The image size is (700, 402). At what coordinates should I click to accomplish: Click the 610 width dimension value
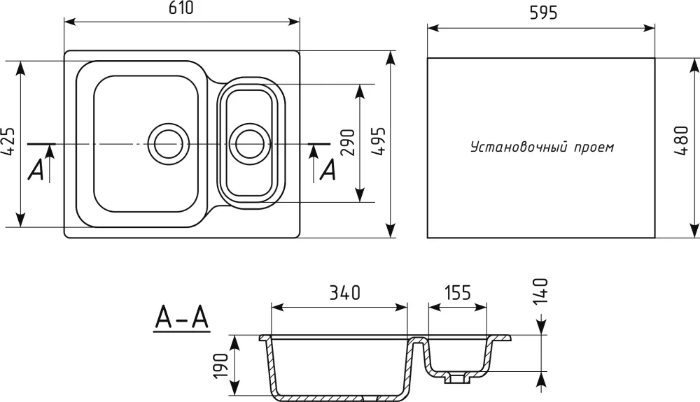(x=181, y=8)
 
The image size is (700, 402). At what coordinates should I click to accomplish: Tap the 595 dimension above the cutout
(x=544, y=13)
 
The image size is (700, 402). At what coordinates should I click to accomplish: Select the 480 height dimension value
(x=681, y=141)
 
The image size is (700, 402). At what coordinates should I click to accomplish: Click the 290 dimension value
(x=347, y=142)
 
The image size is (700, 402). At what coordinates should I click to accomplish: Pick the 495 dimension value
(x=379, y=141)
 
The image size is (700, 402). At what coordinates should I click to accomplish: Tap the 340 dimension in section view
(x=344, y=293)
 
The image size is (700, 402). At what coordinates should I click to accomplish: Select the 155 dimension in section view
(x=458, y=293)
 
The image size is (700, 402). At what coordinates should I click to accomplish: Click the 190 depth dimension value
(x=221, y=366)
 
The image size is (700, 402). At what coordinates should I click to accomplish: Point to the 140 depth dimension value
(x=540, y=291)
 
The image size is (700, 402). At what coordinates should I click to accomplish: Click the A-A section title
(x=182, y=319)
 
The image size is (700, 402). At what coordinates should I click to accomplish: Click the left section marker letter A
(x=36, y=170)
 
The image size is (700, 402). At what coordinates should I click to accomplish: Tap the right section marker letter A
(x=328, y=170)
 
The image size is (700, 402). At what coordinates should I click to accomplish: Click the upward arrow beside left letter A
(x=50, y=164)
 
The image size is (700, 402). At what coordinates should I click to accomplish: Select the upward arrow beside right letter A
(x=314, y=164)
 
